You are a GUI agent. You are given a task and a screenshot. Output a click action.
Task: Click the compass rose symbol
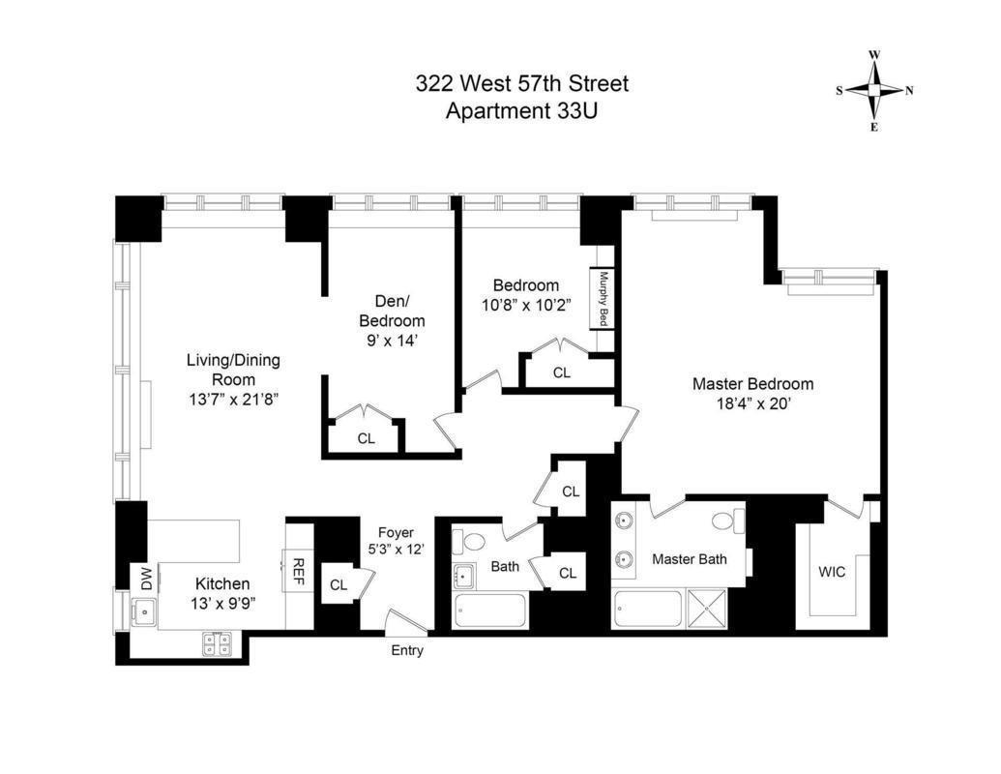click(x=874, y=90)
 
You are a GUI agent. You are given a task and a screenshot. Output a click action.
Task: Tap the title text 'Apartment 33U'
click(x=521, y=110)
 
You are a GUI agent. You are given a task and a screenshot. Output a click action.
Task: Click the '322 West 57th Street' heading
click(x=521, y=84)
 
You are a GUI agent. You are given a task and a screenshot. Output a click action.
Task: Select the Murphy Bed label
click(x=603, y=297)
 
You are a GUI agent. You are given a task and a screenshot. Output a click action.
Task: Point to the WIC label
click(x=831, y=572)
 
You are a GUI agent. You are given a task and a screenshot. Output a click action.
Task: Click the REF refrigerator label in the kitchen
click(x=299, y=570)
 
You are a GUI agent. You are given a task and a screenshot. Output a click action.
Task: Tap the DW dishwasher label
click(x=146, y=579)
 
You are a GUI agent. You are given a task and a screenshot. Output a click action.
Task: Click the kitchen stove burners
click(x=217, y=643)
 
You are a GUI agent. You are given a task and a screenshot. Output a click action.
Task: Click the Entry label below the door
click(x=407, y=651)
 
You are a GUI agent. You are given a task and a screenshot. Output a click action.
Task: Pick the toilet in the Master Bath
click(x=725, y=521)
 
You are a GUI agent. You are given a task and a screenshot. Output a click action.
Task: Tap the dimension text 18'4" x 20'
click(x=751, y=404)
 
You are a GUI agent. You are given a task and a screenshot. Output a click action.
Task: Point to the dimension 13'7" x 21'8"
click(x=233, y=398)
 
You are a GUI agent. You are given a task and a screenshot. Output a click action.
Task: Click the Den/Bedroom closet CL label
click(x=366, y=438)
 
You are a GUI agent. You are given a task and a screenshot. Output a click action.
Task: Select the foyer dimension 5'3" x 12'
click(x=396, y=550)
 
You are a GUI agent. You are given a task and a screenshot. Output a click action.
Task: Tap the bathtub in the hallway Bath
click(x=490, y=612)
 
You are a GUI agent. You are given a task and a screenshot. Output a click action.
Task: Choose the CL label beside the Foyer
click(x=339, y=584)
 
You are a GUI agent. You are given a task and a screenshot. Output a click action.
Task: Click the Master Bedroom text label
click(x=752, y=384)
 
